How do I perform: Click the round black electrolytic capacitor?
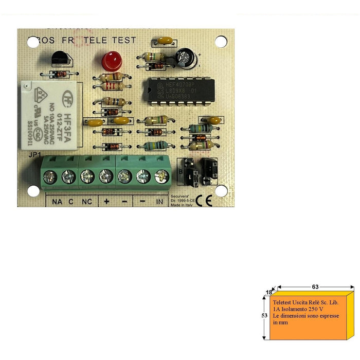tap(186, 58)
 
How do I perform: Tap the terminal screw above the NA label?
tap(50, 177)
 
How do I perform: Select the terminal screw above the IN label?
tap(162, 177)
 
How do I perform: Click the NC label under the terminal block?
tap(86, 201)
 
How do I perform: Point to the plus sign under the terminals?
tap(106, 201)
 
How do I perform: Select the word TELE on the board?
tap(96, 40)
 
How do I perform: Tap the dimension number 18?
tap(268, 292)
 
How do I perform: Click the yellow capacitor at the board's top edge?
tap(165, 40)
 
